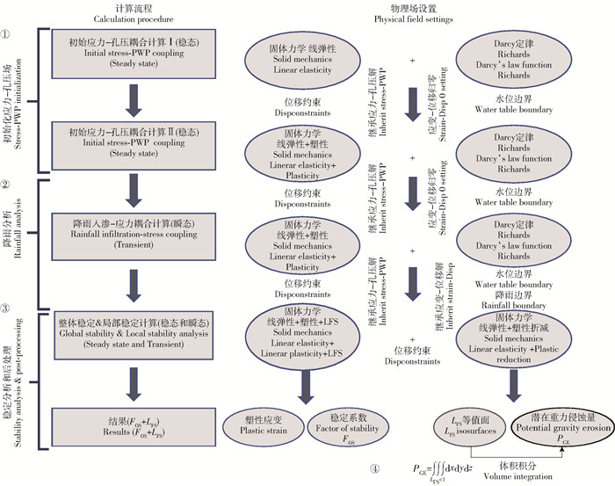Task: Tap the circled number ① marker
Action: click(x=8, y=34)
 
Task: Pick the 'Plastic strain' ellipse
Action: click(x=262, y=424)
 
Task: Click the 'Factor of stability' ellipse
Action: click(x=345, y=425)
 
